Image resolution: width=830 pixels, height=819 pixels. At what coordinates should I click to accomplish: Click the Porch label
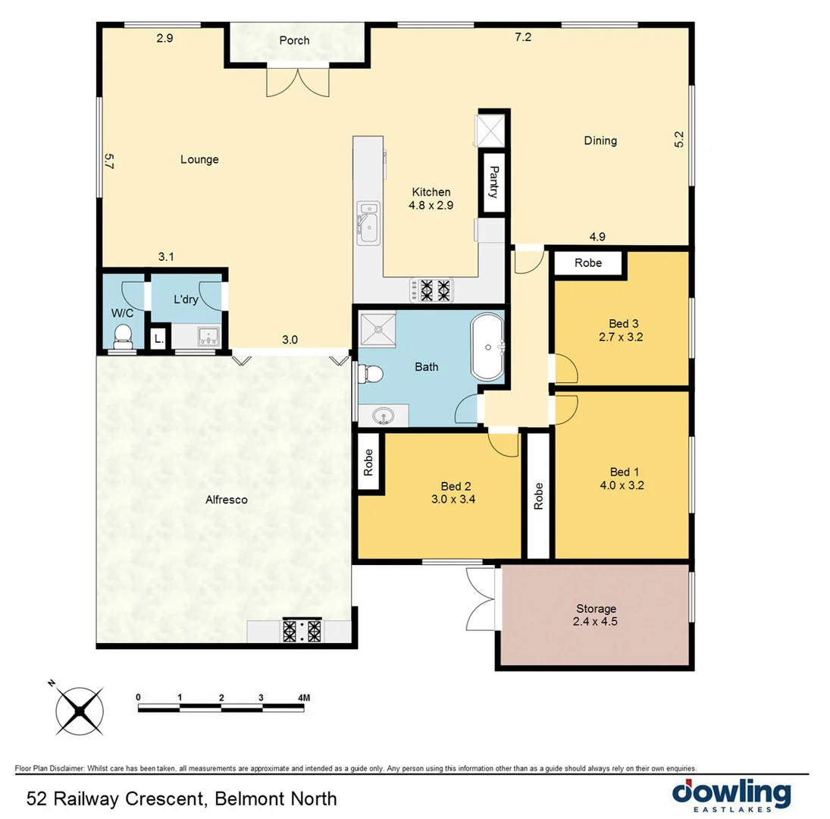click(x=294, y=40)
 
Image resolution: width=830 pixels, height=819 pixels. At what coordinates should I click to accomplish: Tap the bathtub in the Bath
click(x=487, y=348)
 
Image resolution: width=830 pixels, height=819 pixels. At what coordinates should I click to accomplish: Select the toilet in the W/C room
click(x=121, y=336)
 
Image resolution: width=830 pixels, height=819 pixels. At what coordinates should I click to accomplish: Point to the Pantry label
click(x=493, y=182)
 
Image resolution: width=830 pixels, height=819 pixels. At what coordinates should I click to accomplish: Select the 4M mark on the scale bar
click(x=304, y=697)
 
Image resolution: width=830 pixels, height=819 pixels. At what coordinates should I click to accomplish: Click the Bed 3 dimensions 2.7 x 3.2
click(x=621, y=338)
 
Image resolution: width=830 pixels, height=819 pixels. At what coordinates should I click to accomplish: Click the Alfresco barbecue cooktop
click(x=303, y=631)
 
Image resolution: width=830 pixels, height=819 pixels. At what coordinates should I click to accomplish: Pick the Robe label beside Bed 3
click(x=588, y=263)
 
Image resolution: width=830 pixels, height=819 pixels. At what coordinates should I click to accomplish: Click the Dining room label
click(x=600, y=140)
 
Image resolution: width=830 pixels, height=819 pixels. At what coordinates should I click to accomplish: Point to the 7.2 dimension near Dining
click(x=522, y=38)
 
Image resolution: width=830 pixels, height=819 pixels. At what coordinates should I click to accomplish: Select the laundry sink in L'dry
click(x=207, y=336)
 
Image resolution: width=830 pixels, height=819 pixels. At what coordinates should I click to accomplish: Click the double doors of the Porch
click(x=298, y=81)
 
